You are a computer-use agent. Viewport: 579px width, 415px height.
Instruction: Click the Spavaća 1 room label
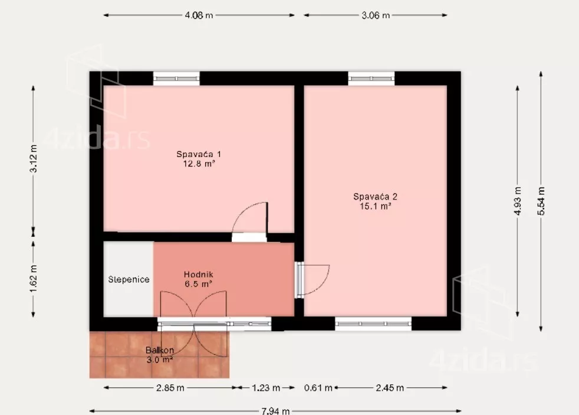coord(199,154)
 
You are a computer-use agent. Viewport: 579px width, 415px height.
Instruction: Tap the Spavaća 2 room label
coord(375,197)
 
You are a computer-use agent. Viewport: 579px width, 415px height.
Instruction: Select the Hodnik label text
coord(198,275)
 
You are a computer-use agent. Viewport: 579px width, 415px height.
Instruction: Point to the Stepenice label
coord(129,279)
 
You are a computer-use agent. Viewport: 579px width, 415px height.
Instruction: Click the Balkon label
coord(160,349)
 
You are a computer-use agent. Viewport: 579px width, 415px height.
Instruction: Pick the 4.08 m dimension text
coord(199,15)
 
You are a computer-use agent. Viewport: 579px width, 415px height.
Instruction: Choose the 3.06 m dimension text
coord(375,15)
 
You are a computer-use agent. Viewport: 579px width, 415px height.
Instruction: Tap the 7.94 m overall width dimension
coord(275,411)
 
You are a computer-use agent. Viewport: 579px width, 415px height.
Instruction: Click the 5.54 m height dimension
coord(541,201)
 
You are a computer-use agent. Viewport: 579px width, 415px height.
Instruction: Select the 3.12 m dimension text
coord(33,158)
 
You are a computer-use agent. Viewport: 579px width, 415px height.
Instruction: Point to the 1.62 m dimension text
coord(33,279)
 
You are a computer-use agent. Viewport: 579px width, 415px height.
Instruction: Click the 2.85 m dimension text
coord(170,388)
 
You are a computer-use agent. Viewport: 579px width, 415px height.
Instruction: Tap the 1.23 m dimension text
coord(266,388)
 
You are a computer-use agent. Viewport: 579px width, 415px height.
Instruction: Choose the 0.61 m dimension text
coord(318,388)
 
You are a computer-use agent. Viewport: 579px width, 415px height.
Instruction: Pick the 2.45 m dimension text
coord(390,388)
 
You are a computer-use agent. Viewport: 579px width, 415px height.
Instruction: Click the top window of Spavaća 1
coord(176,79)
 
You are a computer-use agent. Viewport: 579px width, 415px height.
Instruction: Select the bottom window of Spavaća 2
coord(373,323)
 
